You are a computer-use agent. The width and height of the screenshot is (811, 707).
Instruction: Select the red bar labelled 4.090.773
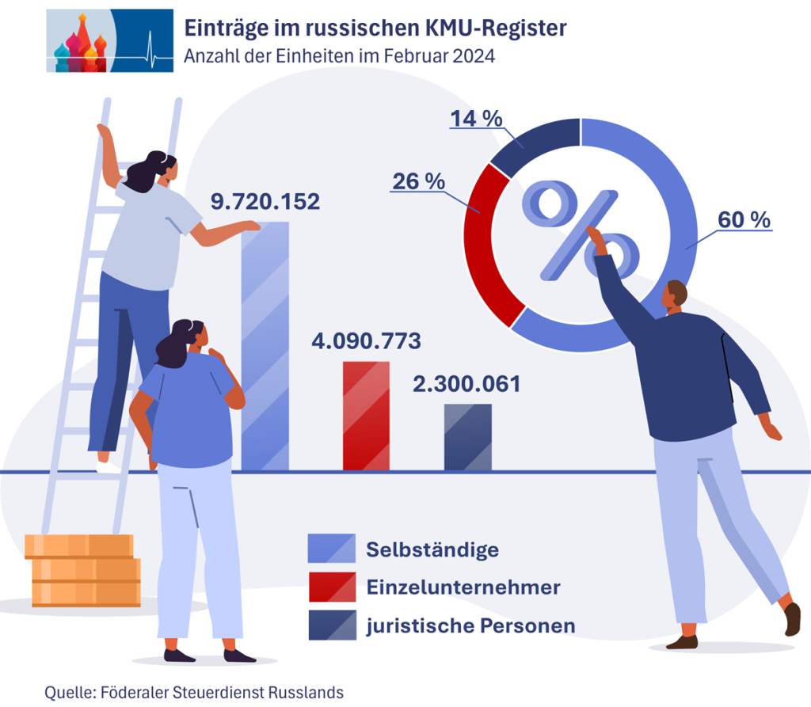(x=365, y=416)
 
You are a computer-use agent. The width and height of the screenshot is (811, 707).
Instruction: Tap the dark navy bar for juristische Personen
(x=467, y=437)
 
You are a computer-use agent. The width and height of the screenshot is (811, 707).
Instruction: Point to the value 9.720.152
(x=265, y=202)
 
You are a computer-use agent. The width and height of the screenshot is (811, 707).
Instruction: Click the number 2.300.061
(x=466, y=385)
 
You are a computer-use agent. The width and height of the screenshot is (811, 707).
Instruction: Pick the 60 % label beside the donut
(x=744, y=220)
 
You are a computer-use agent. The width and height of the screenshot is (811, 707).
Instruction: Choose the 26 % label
(x=418, y=181)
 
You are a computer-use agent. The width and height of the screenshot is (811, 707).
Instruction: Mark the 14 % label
(x=477, y=119)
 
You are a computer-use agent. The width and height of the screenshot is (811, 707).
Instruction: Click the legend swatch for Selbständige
(x=332, y=548)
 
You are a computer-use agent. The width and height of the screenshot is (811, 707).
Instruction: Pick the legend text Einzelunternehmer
(x=463, y=587)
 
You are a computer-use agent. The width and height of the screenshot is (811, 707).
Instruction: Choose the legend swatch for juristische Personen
(x=332, y=625)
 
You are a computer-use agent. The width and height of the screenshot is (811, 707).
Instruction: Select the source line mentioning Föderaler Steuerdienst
(x=194, y=691)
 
